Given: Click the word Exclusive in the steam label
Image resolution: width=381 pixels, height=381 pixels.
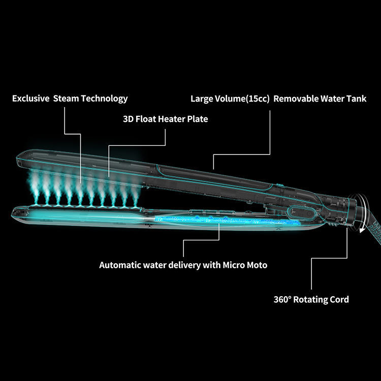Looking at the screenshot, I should coord(30,99).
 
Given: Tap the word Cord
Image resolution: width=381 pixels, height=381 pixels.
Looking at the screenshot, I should coord(339,299).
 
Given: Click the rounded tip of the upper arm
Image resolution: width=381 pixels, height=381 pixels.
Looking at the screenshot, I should coord(20,155).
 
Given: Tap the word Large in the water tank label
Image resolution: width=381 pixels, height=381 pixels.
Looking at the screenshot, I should coord(202,99).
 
